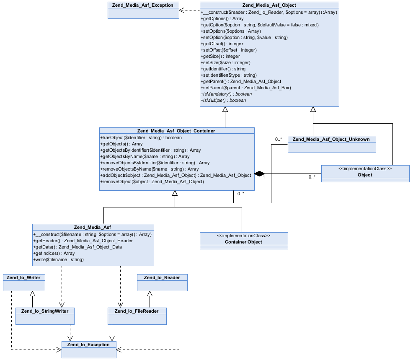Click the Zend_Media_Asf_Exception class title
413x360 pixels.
point(143,5)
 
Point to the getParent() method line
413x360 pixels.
point(241,81)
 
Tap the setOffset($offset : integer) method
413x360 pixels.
point(229,50)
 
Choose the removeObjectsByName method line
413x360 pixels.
point(150,169)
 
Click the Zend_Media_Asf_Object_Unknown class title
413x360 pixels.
point(331,139)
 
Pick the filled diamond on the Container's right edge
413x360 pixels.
point(260,174)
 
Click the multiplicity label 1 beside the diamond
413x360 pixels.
point(263,177)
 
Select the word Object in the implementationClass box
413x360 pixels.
point(365,175)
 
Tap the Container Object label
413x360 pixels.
point(243,242)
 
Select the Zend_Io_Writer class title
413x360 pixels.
point(24,277)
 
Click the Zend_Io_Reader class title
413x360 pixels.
point(162,277)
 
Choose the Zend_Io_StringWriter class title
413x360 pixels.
point(45,311)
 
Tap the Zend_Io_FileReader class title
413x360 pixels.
point(137,311)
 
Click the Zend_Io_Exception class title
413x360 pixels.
point(89,344)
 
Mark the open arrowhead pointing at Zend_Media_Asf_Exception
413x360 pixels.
point(183,10)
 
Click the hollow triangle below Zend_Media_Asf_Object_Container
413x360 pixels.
point(175,193)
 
